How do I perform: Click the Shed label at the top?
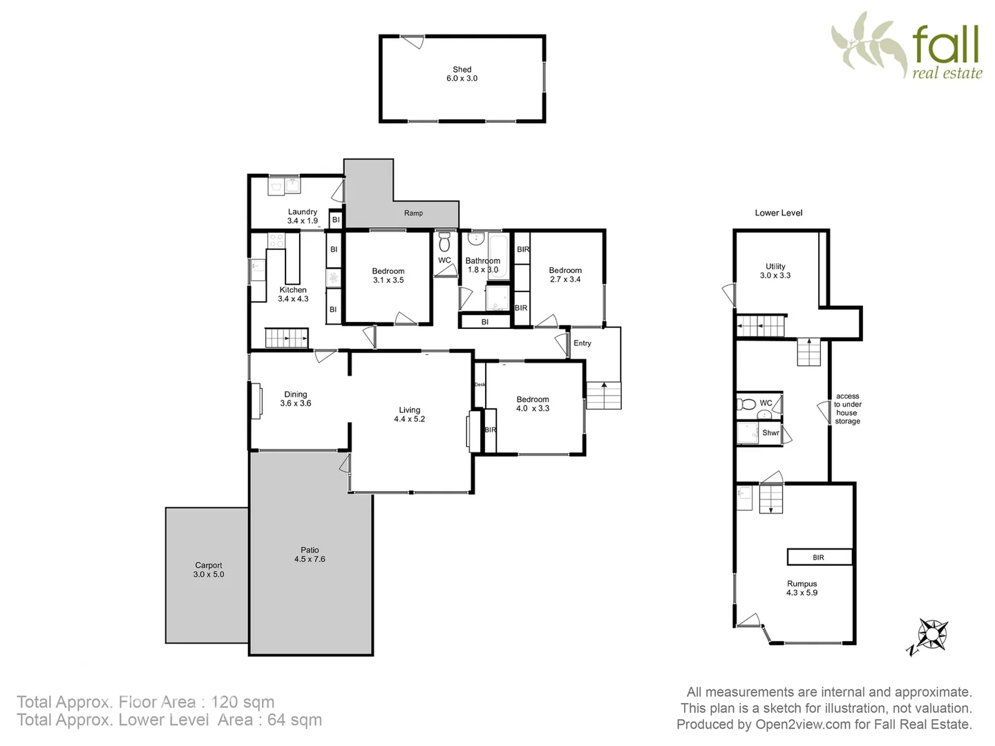(462, 70)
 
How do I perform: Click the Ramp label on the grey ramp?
(413, 213)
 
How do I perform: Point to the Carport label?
(208, 566)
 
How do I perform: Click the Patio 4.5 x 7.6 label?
(310, 555)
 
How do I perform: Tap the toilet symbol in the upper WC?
(444, 242)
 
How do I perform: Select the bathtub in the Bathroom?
(498, 256)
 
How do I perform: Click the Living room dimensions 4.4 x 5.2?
(409, 419)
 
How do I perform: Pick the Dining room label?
(295, 394)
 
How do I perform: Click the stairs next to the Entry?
(603, 395)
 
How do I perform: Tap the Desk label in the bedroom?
(480, 384)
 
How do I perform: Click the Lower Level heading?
(778, 213)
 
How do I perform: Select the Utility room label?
(775, 266)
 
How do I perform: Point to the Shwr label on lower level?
(770, 433)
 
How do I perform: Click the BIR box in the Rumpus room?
(819, 557)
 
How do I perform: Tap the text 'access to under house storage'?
(847, 409)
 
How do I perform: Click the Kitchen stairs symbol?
(286, 338)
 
